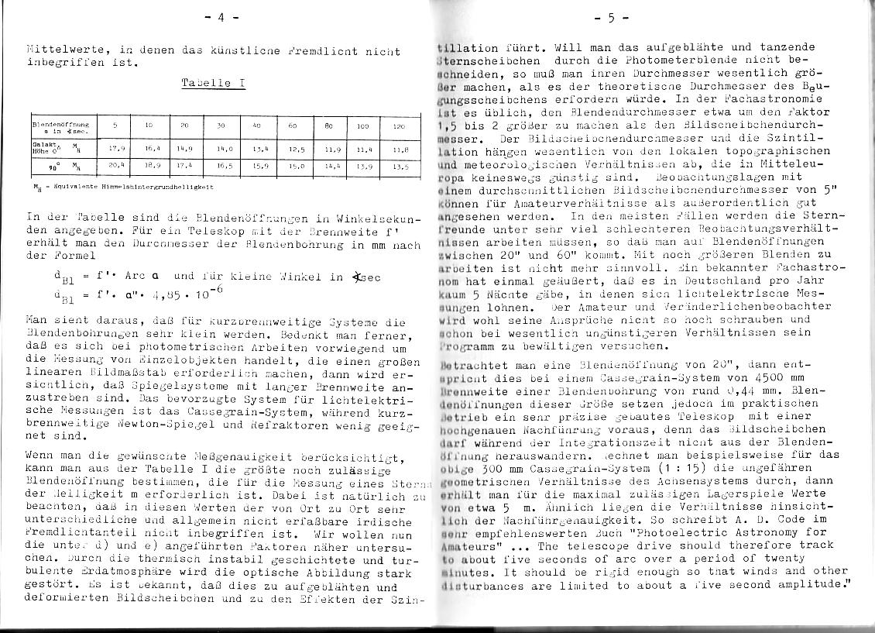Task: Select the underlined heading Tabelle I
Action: pyautogui.click(x=213, y=83)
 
